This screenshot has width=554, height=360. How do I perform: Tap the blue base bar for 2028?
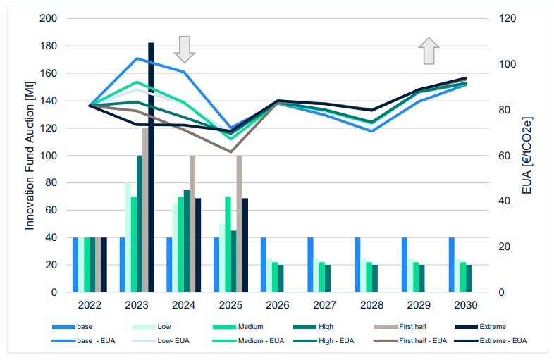[357, 265]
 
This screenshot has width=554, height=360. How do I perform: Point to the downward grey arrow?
[184, 49]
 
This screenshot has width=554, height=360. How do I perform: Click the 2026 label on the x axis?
[278, 306]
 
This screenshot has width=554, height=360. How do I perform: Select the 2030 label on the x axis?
[465, 306]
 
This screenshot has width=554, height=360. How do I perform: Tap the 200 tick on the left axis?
[48, 18]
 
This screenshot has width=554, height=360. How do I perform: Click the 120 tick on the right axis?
[508, 18]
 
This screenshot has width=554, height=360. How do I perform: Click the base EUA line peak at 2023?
[137, 58]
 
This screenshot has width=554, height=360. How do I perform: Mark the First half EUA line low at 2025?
[230, 151]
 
